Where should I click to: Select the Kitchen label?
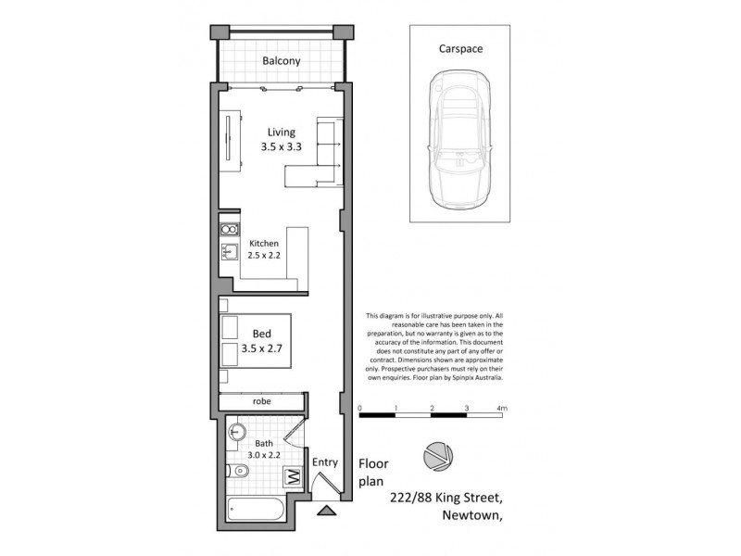pyautogui.click(x=263, y=244)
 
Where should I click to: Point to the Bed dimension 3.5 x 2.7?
pyautogui.click(x=262, y=349)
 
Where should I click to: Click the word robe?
pyautogui.click(x=262, y=401)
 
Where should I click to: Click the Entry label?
pyautogui.click(x=325, y=462)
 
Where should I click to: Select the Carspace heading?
pyautogui.click(x=460, y=49)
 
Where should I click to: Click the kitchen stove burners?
pyautogui.click(x=228, y=228)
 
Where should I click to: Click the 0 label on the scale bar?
pyautogui.click(x=359, y=409)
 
